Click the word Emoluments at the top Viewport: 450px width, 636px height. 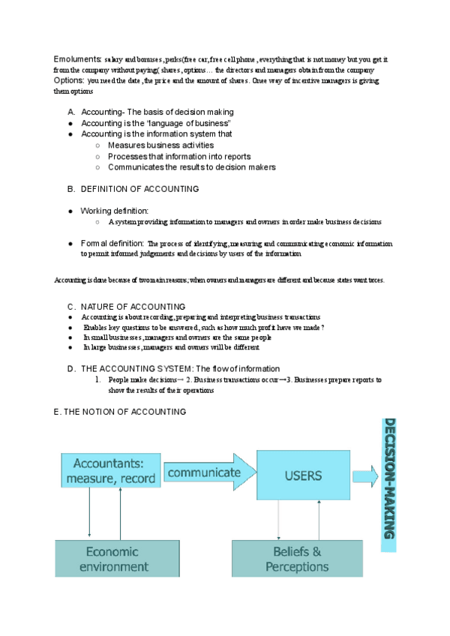click(x=78, y=58)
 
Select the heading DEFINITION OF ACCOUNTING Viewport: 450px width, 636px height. click(x=139, y=189)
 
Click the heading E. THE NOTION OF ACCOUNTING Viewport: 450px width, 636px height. click(x=119, y=412)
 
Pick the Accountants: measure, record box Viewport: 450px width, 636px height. click(x=110, y=470)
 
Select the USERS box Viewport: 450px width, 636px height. click(x=303, y=475)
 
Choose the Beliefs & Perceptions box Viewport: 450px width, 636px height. click(x=297, y=559)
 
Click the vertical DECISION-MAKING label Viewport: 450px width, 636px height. click(x=390, y=478)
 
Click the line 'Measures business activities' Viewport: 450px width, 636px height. click(x=160, y=145)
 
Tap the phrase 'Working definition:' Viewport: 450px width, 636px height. click(x=115, y=211)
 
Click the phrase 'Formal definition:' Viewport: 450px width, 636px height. click(x=112, y=243)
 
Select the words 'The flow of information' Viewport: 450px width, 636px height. click(x=238, y=368)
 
